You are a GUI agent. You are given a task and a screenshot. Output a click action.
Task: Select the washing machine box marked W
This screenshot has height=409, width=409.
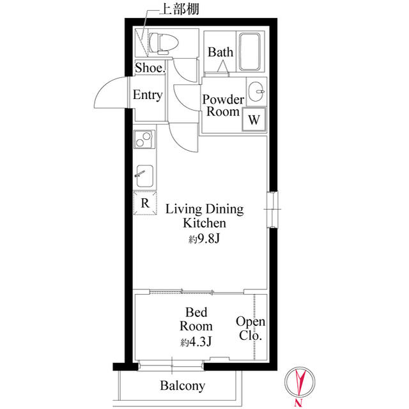click(254, 119)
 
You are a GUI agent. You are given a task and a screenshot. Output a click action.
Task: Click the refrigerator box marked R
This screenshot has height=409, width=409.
click(145, 204)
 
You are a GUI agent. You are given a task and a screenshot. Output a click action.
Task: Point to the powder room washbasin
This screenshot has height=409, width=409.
click(257, 91)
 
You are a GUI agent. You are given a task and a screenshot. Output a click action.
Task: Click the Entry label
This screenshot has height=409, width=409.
click(148, 95)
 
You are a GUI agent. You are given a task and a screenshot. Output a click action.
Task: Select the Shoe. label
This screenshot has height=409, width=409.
click(150, 67)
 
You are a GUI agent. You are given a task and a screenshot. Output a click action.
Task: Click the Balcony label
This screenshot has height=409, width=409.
click(182, 385)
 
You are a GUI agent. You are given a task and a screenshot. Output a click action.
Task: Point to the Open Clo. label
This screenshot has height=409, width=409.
click(251, 328)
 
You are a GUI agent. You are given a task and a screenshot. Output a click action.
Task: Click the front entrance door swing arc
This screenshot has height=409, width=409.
click(109, 95)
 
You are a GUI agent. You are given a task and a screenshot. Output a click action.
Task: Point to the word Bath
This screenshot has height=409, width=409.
click(220, 52)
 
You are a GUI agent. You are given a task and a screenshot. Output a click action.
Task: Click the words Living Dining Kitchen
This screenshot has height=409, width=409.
click(204, 216)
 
